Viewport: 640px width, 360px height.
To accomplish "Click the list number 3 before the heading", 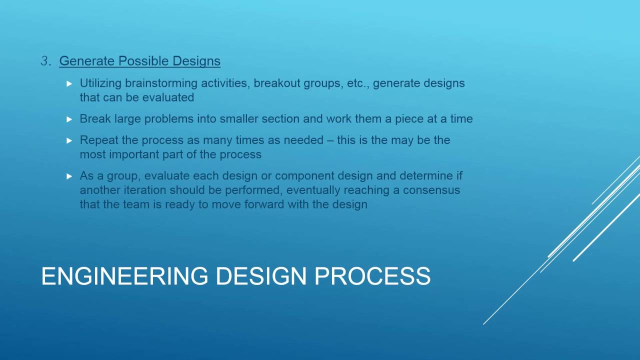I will [x=45, y=61].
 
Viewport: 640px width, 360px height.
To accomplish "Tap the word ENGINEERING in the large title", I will [x=124, y=276].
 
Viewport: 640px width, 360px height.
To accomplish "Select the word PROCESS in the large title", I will [x=372, y=276].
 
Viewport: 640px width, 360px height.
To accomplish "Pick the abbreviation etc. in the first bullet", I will [x=356, y=83].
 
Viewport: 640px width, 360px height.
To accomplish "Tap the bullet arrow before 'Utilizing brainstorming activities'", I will [x=69, y=83].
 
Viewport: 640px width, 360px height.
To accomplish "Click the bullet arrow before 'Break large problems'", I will [x=69, y=119].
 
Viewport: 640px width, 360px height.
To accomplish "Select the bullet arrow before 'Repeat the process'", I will [x=69, y=140].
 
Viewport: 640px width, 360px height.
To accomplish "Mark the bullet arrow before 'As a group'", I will [x=69, y=176].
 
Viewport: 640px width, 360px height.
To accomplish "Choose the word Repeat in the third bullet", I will [x=97, y=140].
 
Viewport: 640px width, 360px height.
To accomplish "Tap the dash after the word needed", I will [x=330, y=140].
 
